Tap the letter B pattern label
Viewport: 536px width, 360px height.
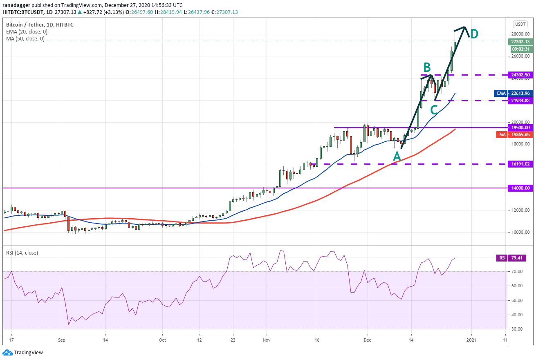426,67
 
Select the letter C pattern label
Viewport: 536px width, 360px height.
434,110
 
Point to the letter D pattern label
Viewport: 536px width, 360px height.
474,34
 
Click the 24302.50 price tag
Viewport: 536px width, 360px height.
520,75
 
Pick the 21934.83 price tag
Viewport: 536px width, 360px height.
520,101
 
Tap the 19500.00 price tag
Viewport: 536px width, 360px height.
520,127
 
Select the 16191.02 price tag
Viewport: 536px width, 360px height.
520,164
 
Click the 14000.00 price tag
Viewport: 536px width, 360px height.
520,188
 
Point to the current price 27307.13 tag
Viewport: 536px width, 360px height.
520,42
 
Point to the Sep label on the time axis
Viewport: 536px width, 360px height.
61,340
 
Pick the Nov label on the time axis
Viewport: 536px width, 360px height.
266,340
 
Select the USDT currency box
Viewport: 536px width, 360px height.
520,24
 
